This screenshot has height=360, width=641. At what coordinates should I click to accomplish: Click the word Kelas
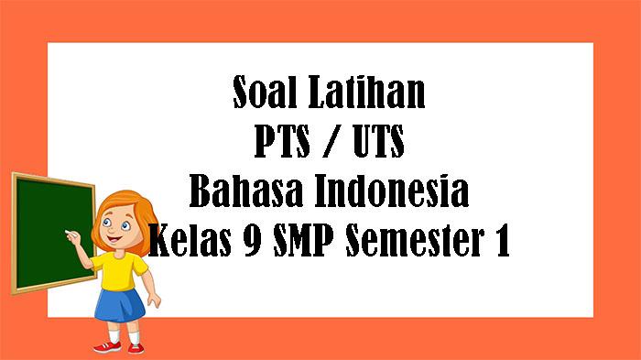[190, 244]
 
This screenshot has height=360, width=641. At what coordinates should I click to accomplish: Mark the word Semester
[421, 244]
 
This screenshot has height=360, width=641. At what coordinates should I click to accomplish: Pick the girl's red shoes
[107, 346]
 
